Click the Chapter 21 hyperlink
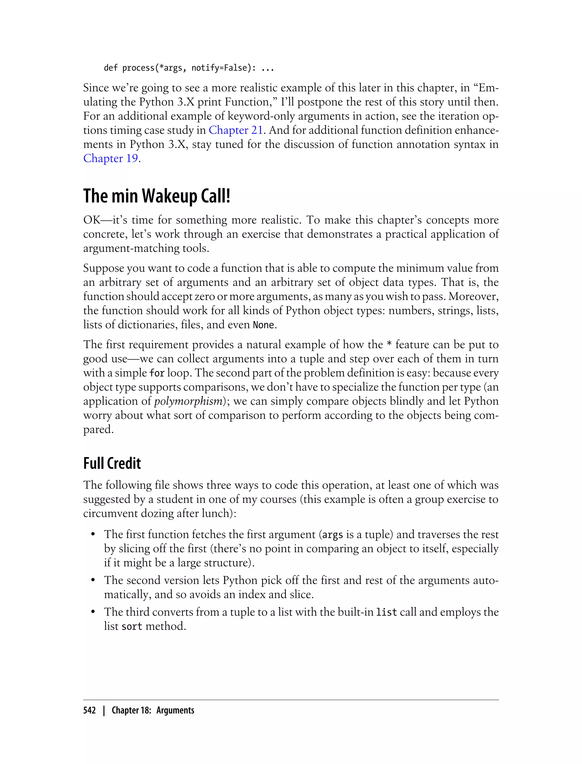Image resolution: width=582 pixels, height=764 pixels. (x=236, y=130)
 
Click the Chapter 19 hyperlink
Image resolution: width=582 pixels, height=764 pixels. (x=111, y=158)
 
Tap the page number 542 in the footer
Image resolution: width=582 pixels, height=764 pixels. (x=90, y=710)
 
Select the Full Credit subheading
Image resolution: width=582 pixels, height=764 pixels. (x=112, y=463)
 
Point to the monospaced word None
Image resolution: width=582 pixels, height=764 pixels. (x=263, y=325)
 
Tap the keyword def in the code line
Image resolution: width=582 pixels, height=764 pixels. (x=111, y=68)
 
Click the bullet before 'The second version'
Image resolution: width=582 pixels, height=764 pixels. (x=93, y=580)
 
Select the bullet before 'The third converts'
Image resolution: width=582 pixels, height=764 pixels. (x=93, y=612)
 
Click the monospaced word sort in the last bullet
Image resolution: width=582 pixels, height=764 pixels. (x=132, y=626)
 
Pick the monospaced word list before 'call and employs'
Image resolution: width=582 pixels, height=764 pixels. (x=386, y=612)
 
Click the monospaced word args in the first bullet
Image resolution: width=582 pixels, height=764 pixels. (x=332, y=535)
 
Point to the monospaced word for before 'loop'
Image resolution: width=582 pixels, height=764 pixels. (x=157, y=373)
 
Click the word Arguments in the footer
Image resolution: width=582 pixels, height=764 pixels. (x=175, y=710)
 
